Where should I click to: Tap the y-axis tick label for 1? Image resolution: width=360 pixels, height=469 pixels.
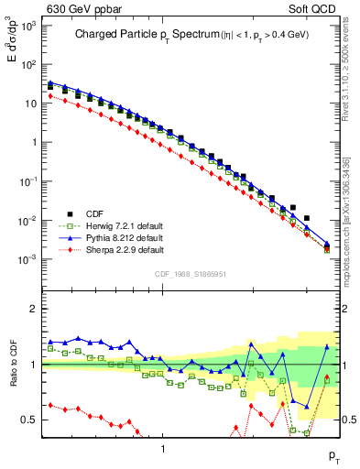click(x=35, y=142)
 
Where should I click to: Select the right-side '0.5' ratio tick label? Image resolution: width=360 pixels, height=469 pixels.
click(x=349, y=420)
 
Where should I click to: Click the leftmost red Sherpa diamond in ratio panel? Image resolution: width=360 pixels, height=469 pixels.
click(x=51, y=405)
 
